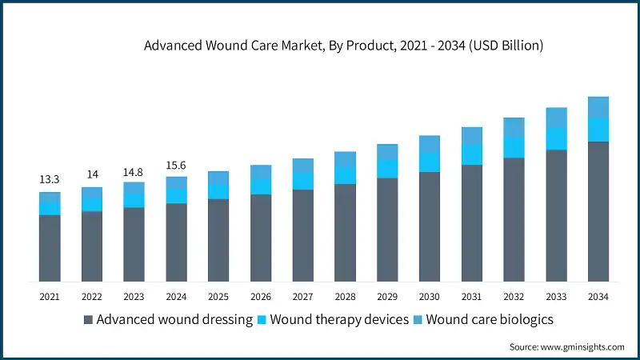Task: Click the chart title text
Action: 343,46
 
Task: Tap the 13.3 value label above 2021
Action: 50,179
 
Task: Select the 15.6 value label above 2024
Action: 176,165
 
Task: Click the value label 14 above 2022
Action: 92,175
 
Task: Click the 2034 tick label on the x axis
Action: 598,297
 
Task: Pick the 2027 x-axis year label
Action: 302,297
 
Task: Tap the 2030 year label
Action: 429,297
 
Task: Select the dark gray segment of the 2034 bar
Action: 598,212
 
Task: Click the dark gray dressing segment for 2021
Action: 50,248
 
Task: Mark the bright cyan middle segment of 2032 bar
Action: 514,146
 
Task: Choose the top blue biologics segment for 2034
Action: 598,107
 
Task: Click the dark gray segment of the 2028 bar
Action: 345,233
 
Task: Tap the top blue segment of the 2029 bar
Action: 387,152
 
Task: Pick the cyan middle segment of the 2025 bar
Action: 218,191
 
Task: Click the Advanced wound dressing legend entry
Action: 168,320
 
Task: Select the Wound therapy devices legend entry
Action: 329,320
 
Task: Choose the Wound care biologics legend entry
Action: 482,320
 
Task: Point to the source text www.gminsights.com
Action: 567,346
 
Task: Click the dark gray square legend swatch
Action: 88,320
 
